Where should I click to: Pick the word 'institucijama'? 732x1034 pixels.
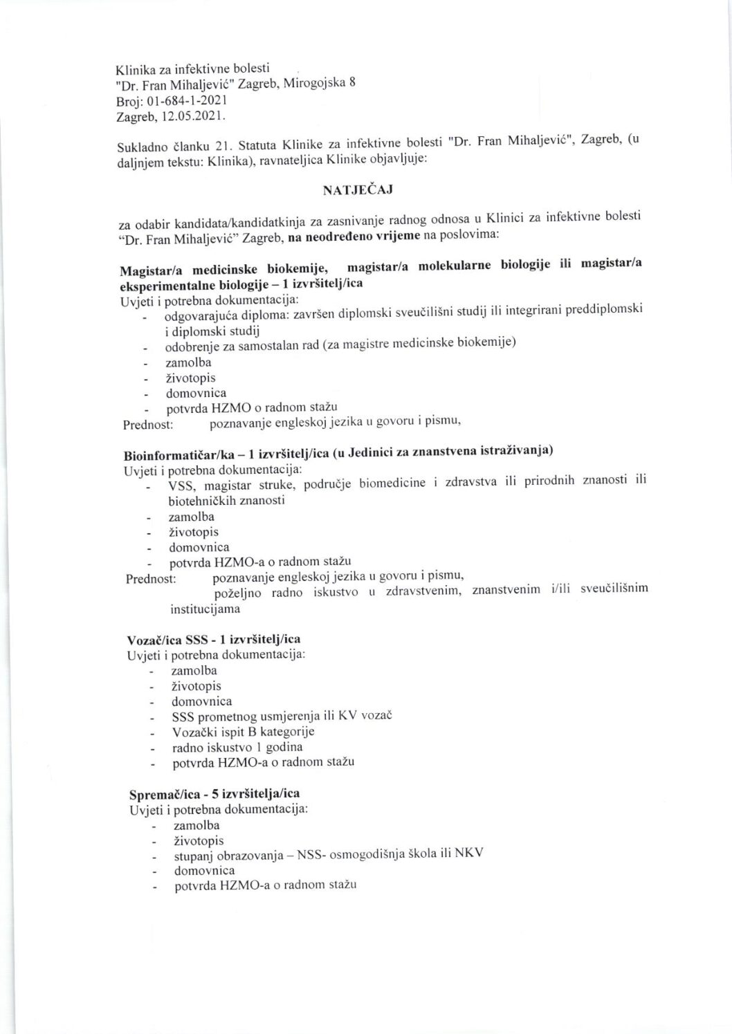[205, 610]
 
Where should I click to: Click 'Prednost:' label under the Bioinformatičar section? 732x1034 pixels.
[151, 578]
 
